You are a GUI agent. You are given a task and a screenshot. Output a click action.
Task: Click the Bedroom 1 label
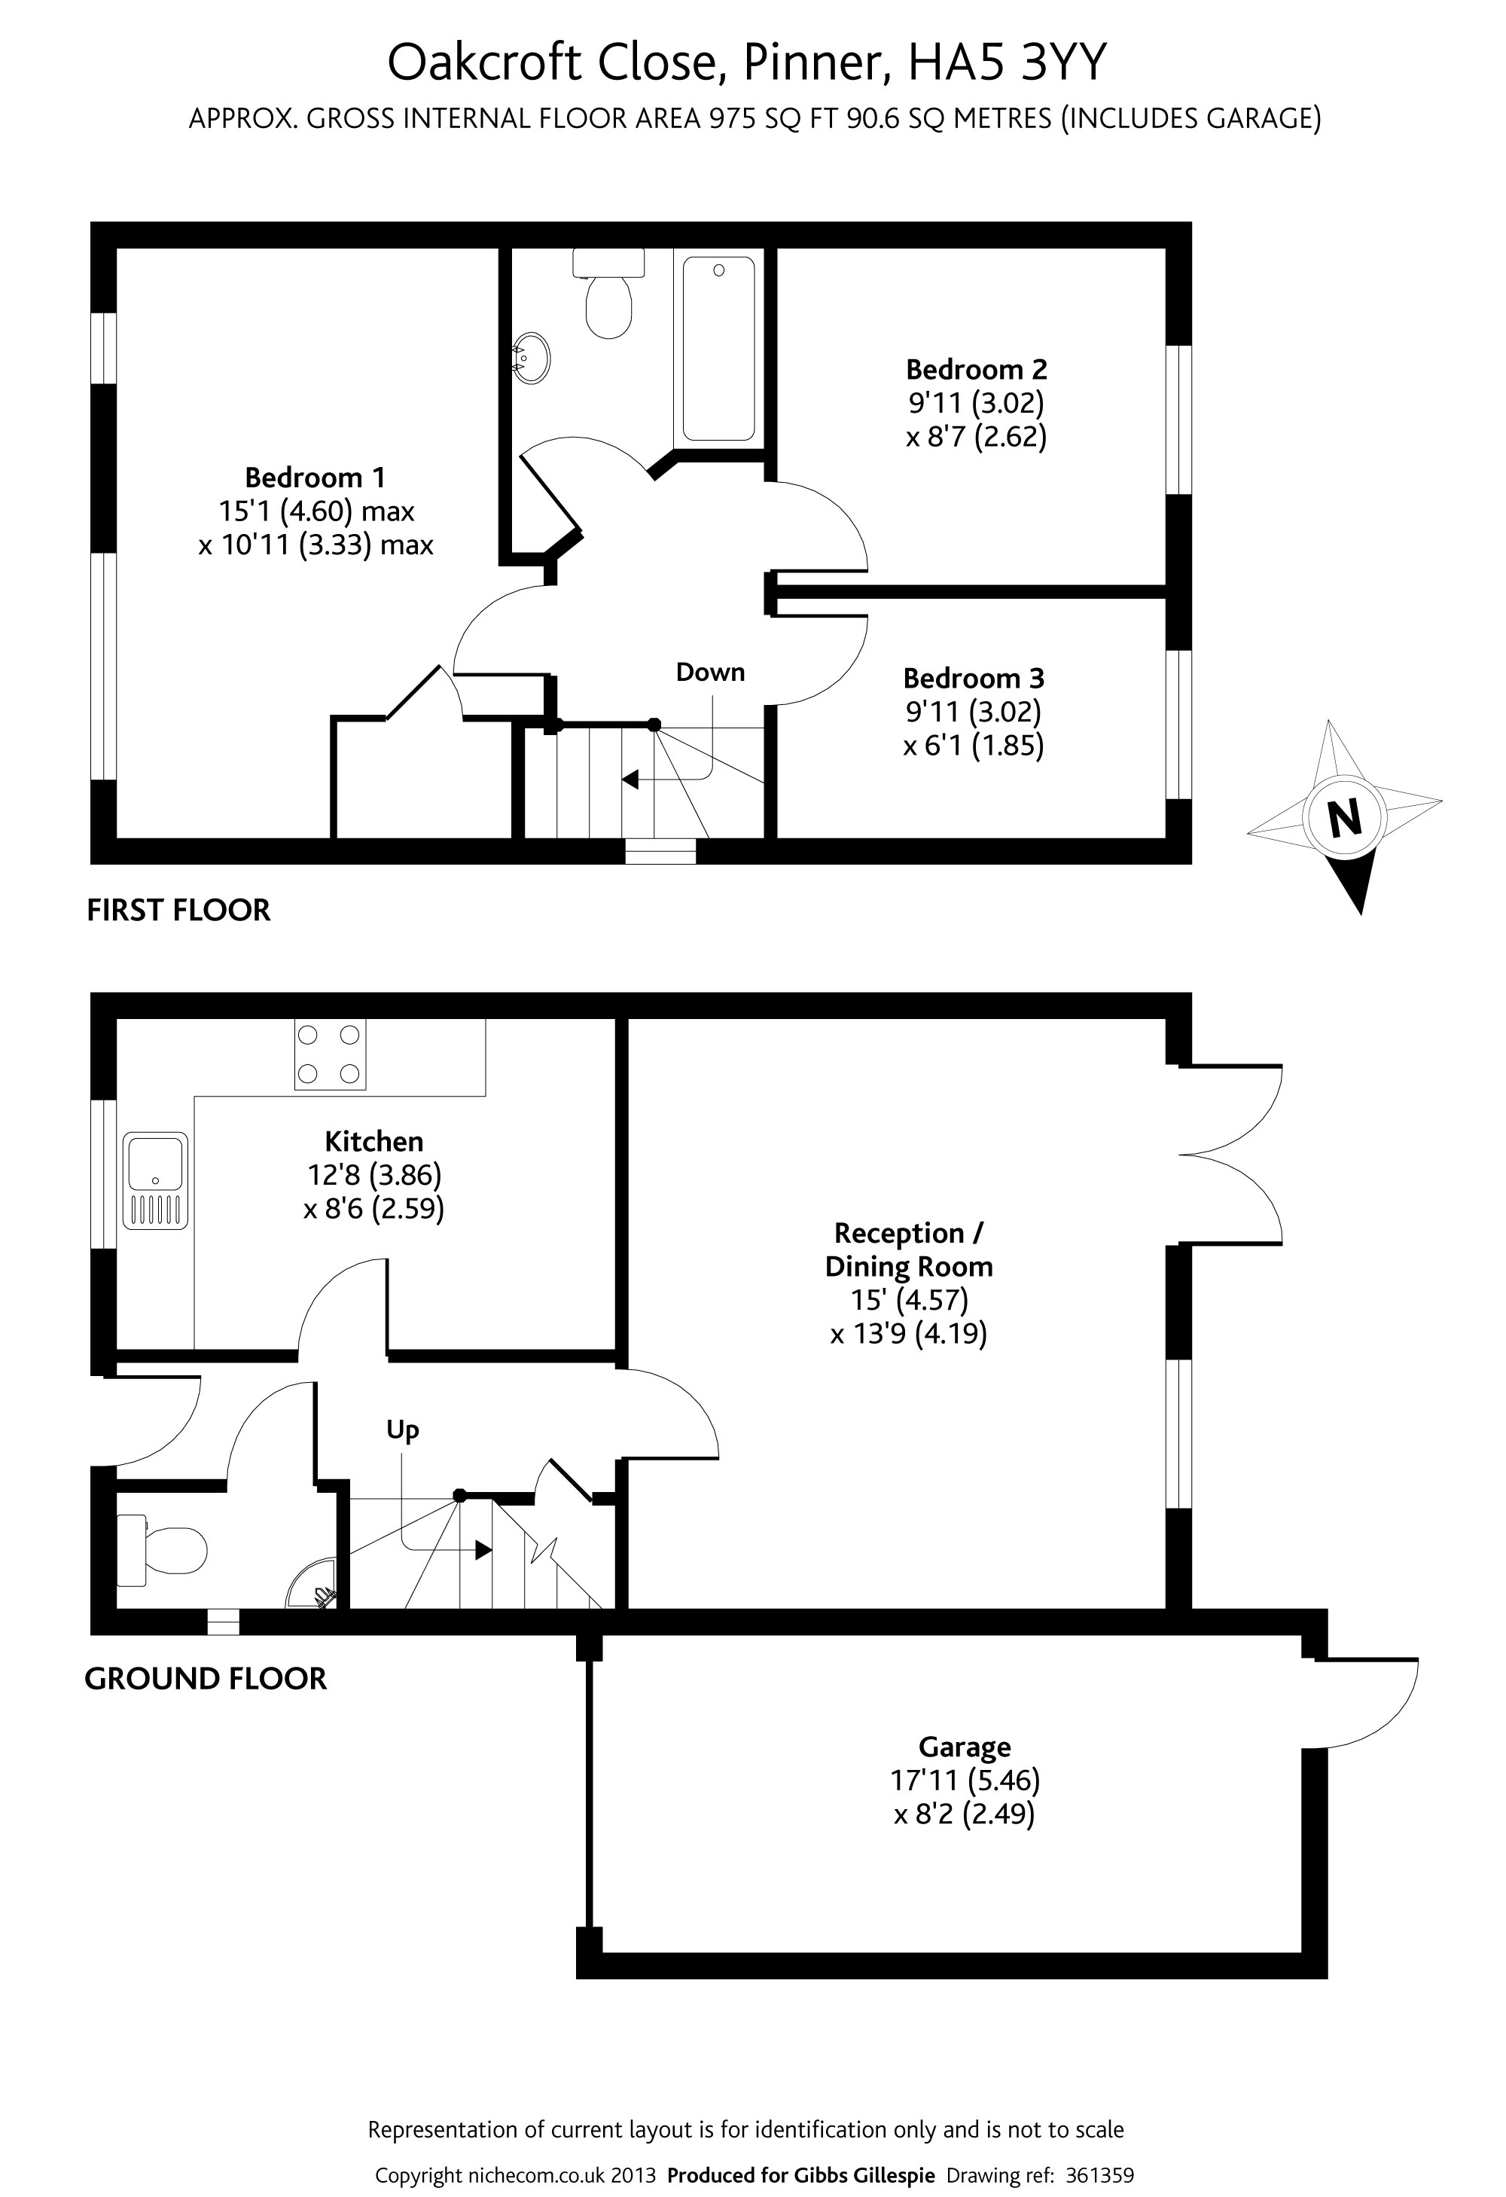pyautogui.click(x=315, y=478)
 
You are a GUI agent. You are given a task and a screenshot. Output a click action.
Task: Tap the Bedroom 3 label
pyautogui.click(x=973, y=678)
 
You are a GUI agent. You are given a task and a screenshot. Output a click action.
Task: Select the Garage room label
pyautogui.click(x=965, y=1747)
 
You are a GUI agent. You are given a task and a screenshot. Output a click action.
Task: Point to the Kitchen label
pyautogui.click(x=373, y=1141)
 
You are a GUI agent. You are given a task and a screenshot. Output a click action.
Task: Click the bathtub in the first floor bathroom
pyautogui.click(x=718, y=348)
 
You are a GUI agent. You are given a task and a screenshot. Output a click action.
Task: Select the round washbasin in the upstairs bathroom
pyautogui.click(x=532, y=357)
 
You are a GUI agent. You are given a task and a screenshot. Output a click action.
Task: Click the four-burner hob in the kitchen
pyautogui.click(x=330, y=1054)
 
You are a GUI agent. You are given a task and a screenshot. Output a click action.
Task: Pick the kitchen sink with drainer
pyautogui.click(x=155, y=1181)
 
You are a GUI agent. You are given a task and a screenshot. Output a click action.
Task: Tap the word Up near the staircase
pyautogui.click(x=402, y=1430)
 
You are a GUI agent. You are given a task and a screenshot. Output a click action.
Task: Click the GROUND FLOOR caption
pyautogui.click(x=205, y=1679)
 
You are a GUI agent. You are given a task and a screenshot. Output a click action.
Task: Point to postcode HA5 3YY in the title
pyautogui.click(x=1006, y=63)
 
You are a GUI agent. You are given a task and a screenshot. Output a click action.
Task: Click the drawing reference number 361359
pyautogui.click(x=1099, y=2174)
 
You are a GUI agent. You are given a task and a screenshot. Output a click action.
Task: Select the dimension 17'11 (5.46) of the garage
pyautogui.click(x=965, y=1781)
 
